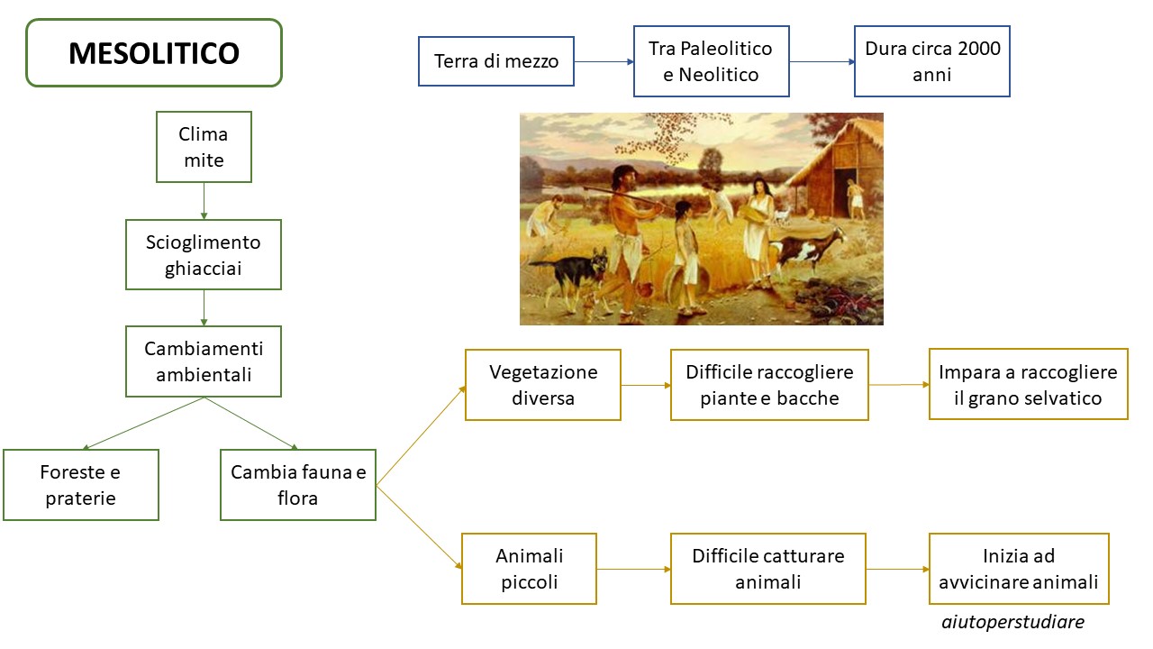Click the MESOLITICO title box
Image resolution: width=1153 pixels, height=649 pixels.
154,52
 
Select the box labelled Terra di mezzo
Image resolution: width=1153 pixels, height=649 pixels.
495,61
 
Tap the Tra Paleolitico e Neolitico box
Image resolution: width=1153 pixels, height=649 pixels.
711,61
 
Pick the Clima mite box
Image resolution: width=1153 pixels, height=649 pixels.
204,147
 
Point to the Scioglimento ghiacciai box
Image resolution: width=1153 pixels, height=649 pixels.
204,255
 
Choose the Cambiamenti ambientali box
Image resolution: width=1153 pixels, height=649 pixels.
204,361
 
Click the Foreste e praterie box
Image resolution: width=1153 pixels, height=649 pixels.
81,485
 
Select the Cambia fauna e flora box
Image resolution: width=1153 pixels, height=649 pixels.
298,485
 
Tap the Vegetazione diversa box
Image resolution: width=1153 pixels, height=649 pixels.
543,385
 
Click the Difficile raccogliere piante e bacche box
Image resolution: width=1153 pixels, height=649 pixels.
769,385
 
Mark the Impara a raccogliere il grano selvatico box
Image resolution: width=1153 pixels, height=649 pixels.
1029,384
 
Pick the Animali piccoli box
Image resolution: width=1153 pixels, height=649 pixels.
529,569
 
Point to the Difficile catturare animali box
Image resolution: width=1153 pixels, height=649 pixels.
768,569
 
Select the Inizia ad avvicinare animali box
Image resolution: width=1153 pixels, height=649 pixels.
1019,569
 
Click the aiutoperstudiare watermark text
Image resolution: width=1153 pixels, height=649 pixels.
1013,622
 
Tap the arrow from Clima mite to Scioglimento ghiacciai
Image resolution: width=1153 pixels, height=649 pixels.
204,201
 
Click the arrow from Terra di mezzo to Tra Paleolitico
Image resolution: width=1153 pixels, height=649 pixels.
604,62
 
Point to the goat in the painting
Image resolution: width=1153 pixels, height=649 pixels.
811,248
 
